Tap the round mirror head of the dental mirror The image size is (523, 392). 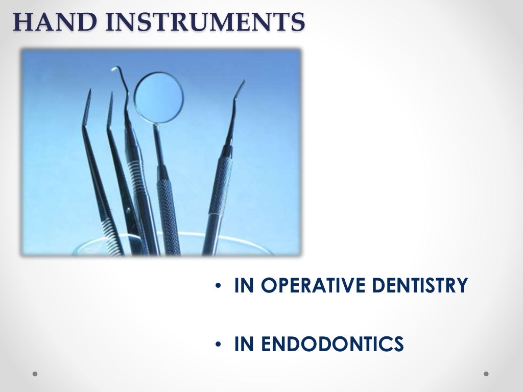tap(159, 96)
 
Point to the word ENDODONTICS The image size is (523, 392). tap(332, 344)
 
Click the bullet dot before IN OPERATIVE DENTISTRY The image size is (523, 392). tap(218, 286)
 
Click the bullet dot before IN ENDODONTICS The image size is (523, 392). tap(218, 345)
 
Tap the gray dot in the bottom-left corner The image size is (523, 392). tap(35, 374)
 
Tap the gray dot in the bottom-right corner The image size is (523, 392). tap(486, 374)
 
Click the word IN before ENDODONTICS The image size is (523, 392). tap(244, 344)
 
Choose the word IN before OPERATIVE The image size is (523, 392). tap(244, 285)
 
